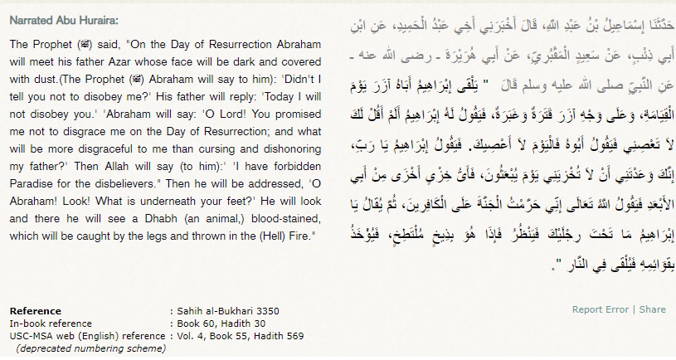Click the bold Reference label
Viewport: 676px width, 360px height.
click(35, 309)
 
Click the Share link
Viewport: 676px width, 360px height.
click(652, 309)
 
